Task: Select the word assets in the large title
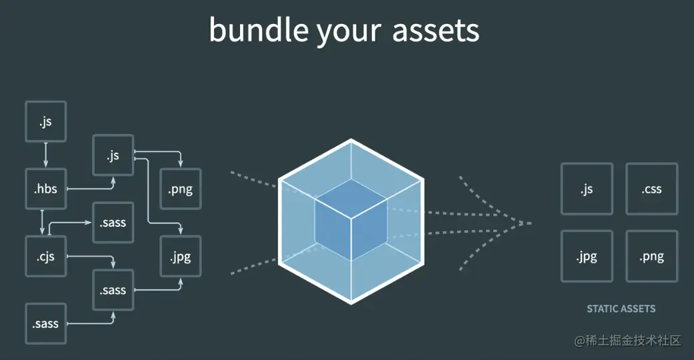click(x=435, y=30)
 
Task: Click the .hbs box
click(x=45, y=189)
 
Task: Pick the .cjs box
click(x=45, y=256)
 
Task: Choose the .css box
click(x=651, y=189)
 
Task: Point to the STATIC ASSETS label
click(x=621, y=309)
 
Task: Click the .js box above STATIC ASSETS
click(x=587, y=189)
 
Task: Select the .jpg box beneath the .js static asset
click(x=587, y=256)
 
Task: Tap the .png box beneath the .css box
click(x=651, y=256)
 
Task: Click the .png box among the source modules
click(x=181, y=189)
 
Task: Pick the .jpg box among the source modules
click(x=181, y=256)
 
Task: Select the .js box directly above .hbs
click(x=45, y=121)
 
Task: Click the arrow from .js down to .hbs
click(x=45, y=155)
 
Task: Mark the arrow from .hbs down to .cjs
click(x=43, y=223)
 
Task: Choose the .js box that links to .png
click(x=113, y=155)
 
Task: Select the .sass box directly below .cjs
click(x=113, y=290)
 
